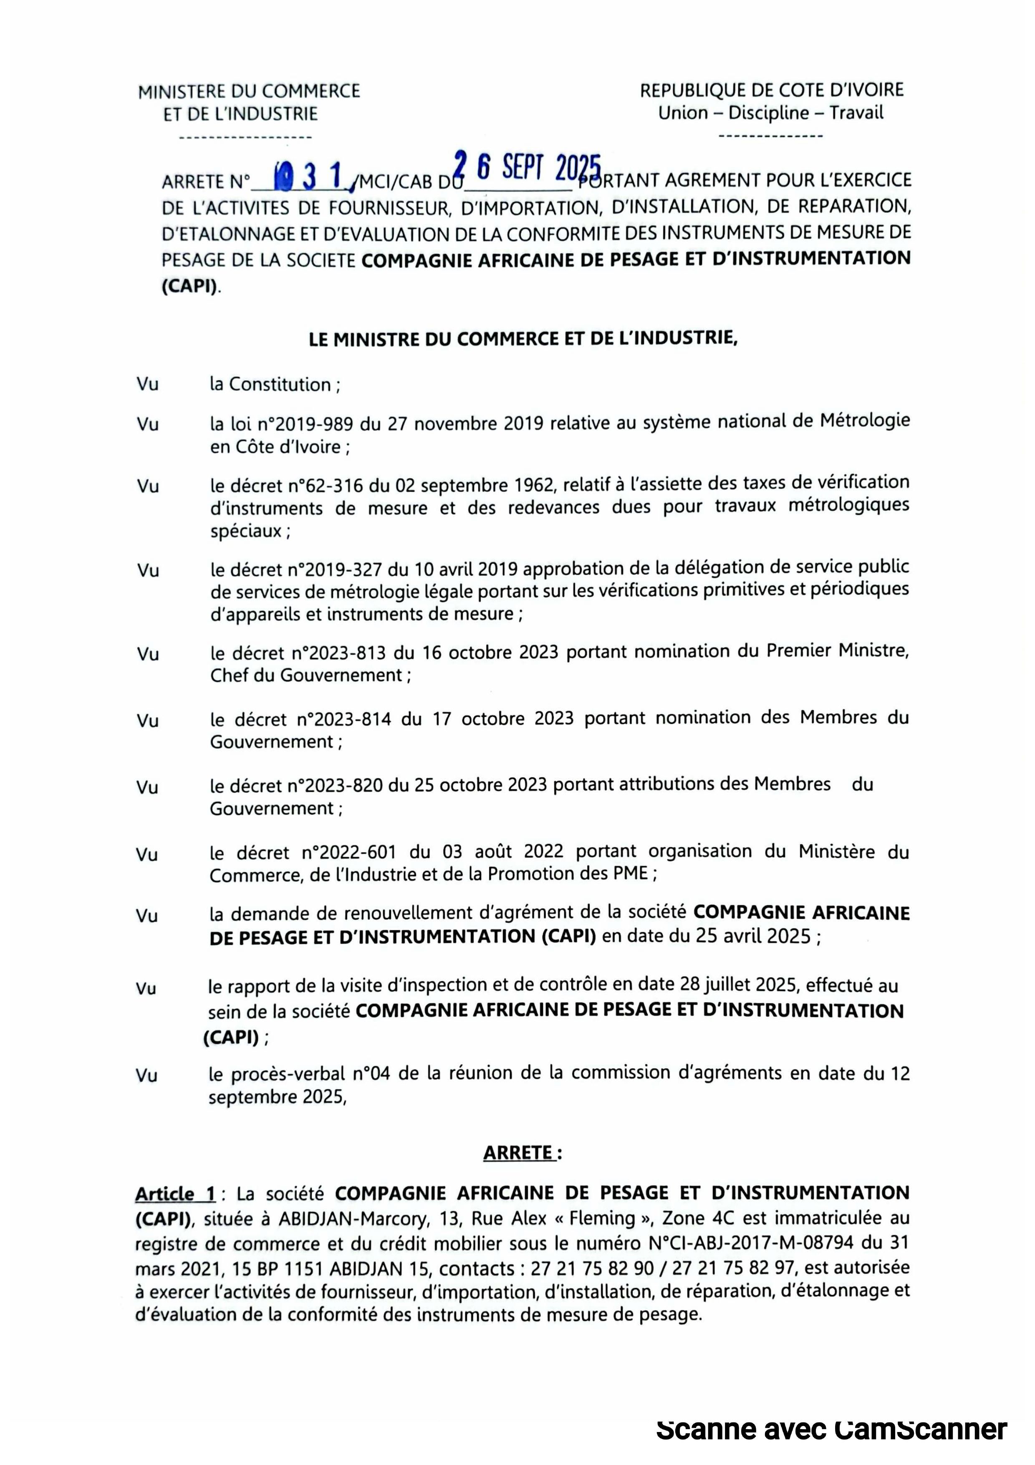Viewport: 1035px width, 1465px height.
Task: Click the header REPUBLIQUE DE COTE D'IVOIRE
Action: point(772,90)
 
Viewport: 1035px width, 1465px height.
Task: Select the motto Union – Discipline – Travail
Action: point(771,114)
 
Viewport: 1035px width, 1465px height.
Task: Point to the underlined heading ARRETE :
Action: point(522,1153)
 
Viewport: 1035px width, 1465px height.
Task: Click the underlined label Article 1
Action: point(175,1194)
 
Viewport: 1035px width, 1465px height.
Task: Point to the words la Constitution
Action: point(270,385)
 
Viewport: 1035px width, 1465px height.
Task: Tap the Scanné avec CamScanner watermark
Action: point(831,1429)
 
